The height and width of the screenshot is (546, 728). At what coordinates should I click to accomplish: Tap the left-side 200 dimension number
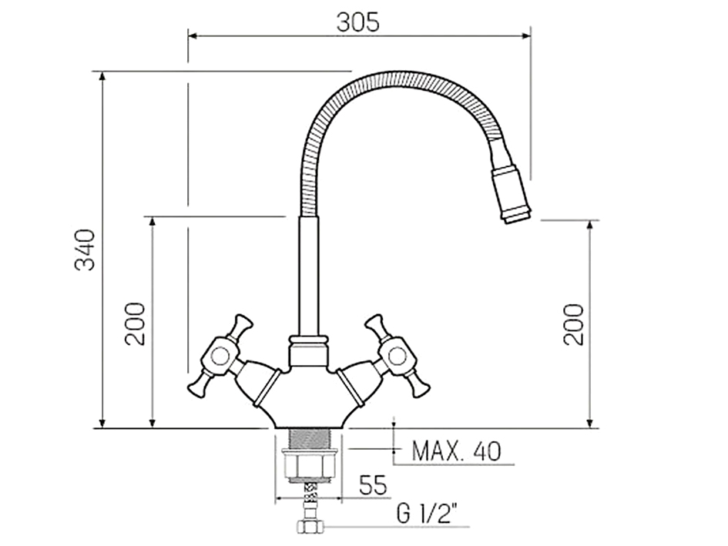(x=136, y=323)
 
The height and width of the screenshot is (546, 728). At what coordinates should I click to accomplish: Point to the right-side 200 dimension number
(x=573, y=323)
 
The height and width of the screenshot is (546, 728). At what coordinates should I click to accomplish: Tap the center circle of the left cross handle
(x=220, y=355)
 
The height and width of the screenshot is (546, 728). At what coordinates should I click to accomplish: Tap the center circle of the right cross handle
(x=398, y=355)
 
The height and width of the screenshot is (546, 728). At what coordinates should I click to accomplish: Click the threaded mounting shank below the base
(x=308, y=441)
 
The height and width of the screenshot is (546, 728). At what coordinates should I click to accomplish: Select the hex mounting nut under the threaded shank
(x=308, y=467)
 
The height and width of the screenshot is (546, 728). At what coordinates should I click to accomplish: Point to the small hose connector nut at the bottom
(x=309, y=528)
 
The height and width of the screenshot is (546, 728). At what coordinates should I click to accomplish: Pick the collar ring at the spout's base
(x=308, y=340)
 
